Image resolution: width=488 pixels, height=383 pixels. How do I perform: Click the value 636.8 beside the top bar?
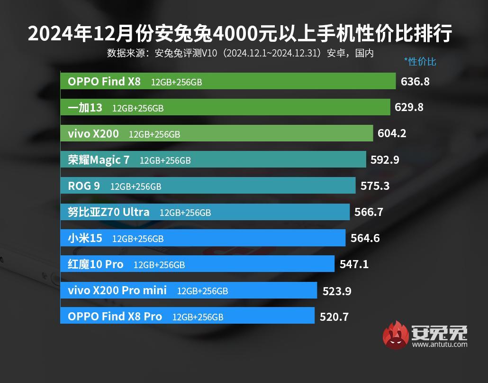click(x=415, y=81)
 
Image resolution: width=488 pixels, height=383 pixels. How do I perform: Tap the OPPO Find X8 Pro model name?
click(x=115, y=316)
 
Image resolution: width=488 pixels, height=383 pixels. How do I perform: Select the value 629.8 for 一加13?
click(x=409, y=107)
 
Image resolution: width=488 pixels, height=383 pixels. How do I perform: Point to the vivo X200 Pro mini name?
click(x=117, y=290)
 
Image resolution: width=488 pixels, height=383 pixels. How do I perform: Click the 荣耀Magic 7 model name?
click(x=99, y=160)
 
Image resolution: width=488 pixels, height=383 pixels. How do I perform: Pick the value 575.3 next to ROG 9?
click(x=375, y=186)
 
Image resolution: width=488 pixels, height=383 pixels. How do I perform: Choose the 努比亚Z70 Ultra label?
click(x=108, y=212)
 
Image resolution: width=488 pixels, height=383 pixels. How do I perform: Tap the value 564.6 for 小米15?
click(x=365, y=238)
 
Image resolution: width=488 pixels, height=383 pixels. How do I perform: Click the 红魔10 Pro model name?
click(x=95, y=264)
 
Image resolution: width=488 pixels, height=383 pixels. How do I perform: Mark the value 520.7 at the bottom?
click(x=334, y=317)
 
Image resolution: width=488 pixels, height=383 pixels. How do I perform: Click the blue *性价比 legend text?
click(x=420, y=61)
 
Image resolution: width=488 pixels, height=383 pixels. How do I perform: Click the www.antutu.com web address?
click(x=440, y=345)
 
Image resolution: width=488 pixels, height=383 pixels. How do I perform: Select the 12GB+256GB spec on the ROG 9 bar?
click(x=136, y=187)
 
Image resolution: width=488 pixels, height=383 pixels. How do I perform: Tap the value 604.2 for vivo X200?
click(x=392, y=133)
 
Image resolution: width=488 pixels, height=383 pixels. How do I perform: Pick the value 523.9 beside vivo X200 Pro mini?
click(x=336, y=290)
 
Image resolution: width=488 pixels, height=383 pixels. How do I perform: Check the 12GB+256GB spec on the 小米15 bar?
click(x=137, y=239)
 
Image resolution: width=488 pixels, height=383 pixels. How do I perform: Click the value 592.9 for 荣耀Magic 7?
click(x=385, y=159)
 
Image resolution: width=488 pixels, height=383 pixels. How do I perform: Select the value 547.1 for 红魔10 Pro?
click(x=354, y=264)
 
